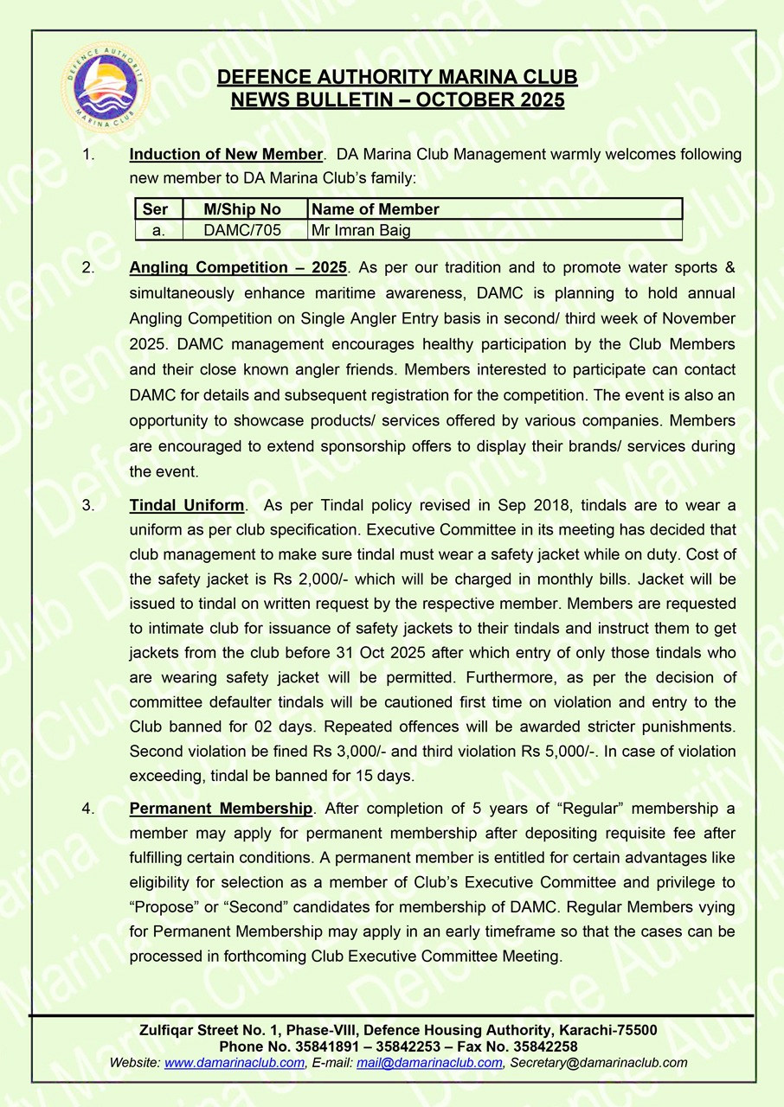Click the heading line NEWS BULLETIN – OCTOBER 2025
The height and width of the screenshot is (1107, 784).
(397, 100)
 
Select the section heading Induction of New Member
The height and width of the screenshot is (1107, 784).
(226, 155)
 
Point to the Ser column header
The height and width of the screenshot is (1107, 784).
(156, 209)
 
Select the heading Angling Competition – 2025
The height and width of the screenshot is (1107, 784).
(238, 266)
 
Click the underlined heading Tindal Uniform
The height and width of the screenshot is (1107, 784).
(187, 505)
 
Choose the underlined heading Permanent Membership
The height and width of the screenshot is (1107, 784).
(221, 809)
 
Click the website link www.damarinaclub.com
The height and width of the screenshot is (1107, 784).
(235, 1063)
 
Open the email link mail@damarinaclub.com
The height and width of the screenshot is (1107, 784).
(429, 1063)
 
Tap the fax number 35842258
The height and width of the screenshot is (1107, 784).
(544, 1046)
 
